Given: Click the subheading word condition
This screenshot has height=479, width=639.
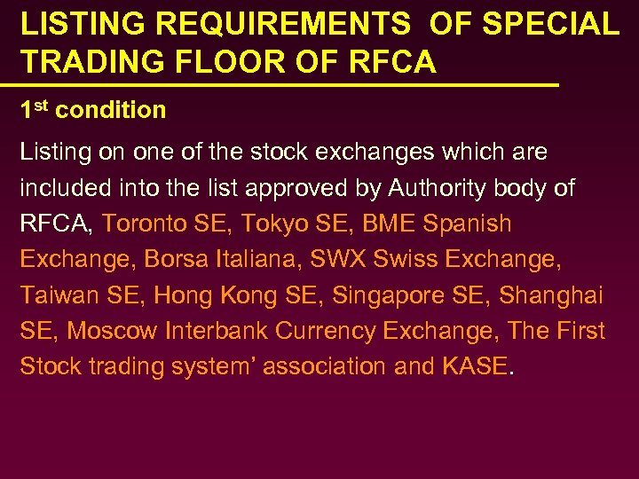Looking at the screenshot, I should coord(111,111).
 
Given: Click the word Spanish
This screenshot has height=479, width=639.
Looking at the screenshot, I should coord(468,224).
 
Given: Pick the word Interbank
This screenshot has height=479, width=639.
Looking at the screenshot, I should coord(213,331).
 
